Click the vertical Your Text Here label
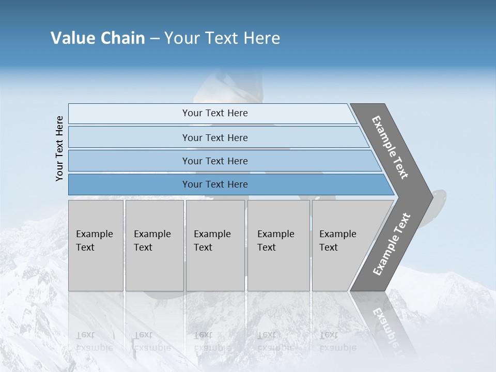point(59,148)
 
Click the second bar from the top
point(214,137)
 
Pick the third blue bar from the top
point(214,161)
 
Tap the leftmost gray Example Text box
point(96,245)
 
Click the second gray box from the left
point(154,245)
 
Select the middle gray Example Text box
point(215,245)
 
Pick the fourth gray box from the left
point(278,245)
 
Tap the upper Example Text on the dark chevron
point(390,147)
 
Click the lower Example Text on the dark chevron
point(392,244)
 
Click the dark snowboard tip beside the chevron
point(440,199)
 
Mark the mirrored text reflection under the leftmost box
point(95,341)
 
